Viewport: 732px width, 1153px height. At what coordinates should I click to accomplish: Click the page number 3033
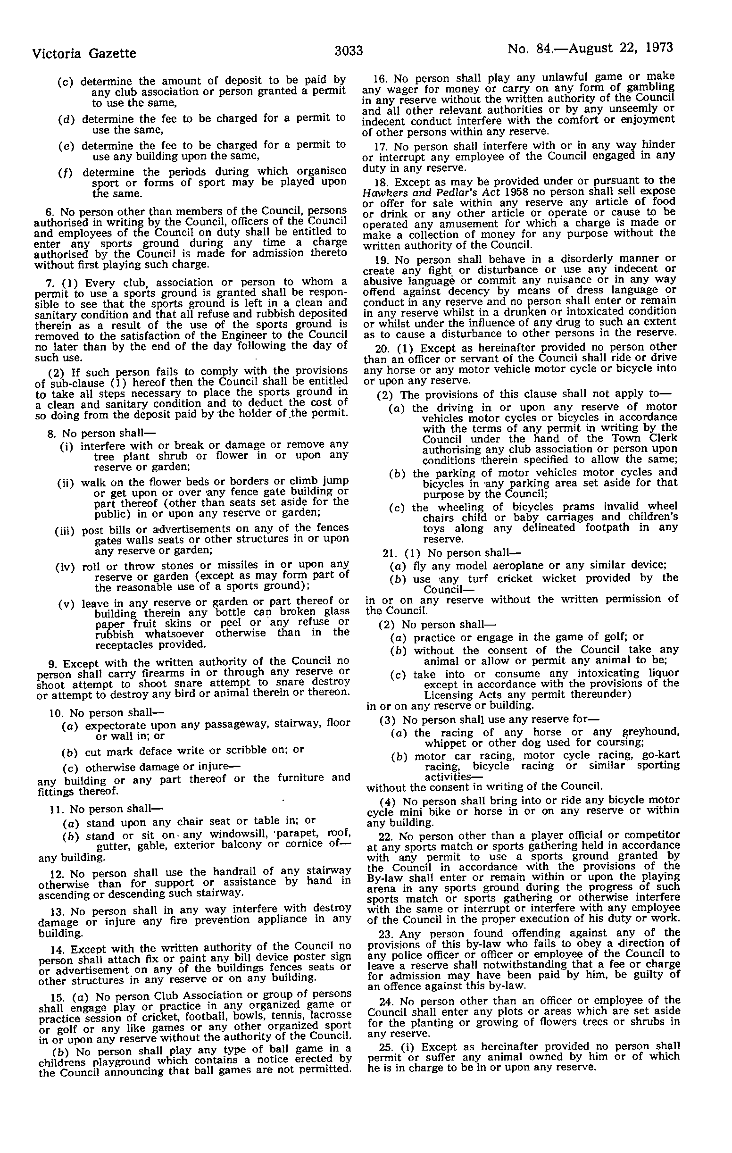point(349,50)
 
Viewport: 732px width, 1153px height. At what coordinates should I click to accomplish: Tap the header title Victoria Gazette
point(84,53)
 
